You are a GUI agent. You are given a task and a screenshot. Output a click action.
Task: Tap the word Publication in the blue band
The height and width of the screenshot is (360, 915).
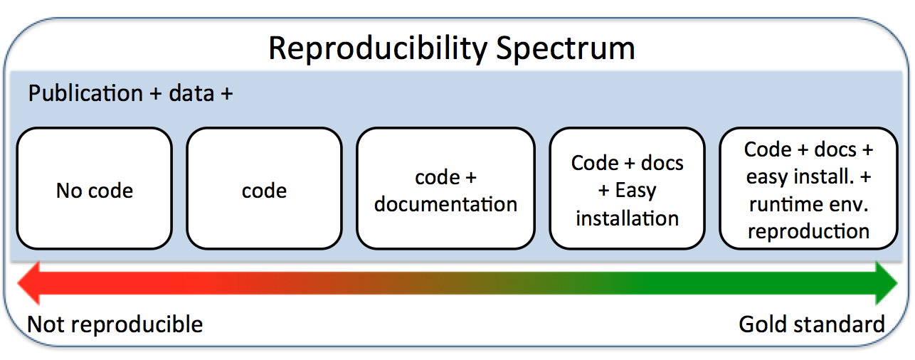pos(85,93)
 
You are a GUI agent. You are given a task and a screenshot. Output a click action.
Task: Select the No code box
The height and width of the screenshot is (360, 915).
pos(95,189)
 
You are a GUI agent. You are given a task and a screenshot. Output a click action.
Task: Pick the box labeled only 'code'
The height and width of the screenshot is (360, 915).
pos(264,189)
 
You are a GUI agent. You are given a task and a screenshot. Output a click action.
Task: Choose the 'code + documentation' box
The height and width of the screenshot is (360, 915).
pos(445,189)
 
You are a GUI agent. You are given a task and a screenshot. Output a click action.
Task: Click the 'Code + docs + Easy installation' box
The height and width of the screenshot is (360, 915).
pos(627,189)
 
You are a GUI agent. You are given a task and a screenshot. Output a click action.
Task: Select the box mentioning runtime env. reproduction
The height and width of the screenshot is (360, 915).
pos(808,189)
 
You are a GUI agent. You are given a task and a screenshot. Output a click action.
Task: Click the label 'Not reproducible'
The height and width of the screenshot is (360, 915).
pos(115,324)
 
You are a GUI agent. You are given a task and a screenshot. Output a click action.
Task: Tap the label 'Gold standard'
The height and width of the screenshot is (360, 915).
pos(812,324)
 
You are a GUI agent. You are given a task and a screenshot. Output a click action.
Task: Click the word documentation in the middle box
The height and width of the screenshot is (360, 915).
pos(445,204)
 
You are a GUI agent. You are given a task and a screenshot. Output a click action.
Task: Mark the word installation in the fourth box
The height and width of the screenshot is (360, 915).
pos(627,218)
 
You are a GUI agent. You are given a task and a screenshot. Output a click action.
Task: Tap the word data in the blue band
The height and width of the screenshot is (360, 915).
pos(191,93)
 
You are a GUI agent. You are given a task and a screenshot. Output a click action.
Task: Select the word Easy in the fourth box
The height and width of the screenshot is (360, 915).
pos(635,191)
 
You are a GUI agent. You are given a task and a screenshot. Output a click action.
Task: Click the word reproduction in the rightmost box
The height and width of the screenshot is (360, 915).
pos(808,231)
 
